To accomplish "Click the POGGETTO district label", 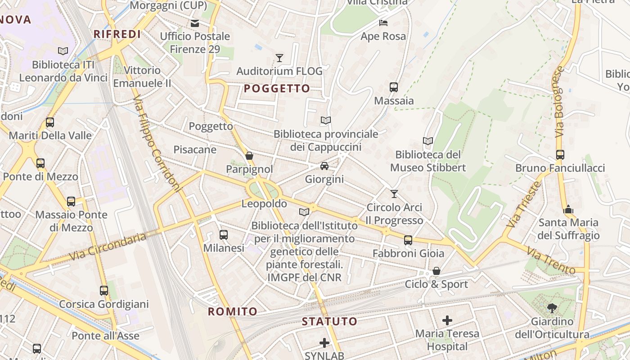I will pos(277,89).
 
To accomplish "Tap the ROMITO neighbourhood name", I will pos(233,311).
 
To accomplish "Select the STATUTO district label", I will pos(329,321).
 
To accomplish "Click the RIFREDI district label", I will pos(117,34).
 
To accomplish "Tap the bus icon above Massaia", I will pos(394,87).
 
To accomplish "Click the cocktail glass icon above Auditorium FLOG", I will pos(279,58).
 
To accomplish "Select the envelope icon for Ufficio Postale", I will pos(195,23).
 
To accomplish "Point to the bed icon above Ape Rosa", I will pos(383,23).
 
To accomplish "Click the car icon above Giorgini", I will pos(324,166).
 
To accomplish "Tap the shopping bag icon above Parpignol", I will pos(249,156).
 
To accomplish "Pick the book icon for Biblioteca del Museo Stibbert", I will pos(428,141).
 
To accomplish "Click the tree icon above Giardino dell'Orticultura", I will pos(552,308).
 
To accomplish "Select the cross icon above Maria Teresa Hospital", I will pos(447,320).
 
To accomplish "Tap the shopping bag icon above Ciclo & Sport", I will pos(436,271).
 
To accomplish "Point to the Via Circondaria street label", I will pos(108,247).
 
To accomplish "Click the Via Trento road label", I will pos(551,261).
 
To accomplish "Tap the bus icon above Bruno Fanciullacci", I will pos(560,155).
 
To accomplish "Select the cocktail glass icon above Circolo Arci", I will pos(394,194).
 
